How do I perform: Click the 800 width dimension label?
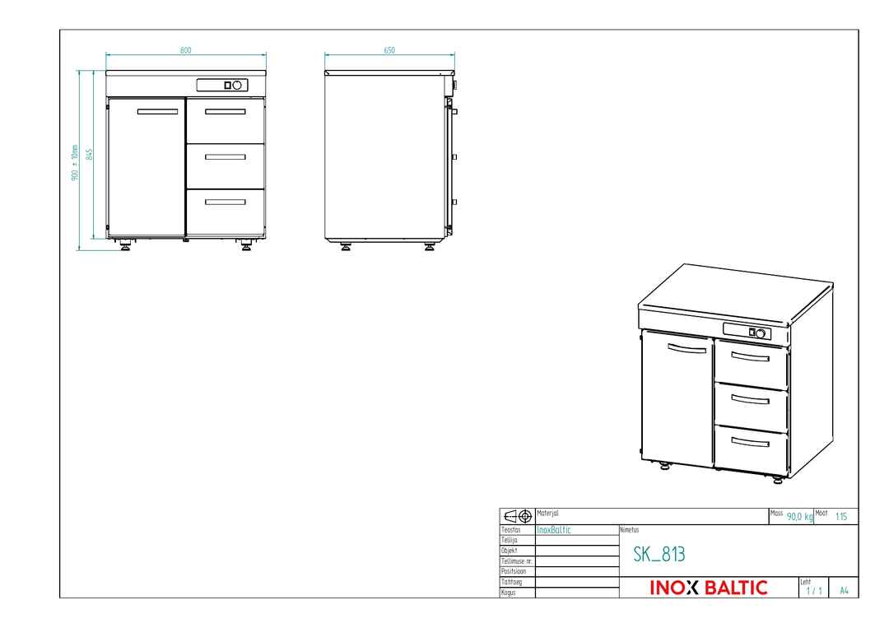tap(186, 50)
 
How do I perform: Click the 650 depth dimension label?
tap(389, 50)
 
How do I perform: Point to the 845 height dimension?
tap(90, 154)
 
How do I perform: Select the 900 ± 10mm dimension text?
tap(75, 163)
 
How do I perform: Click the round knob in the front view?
tap(237, 85)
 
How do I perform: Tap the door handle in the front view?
tap(157, 112)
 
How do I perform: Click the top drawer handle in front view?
tap(225, 112)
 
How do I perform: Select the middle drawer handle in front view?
tap(225, 157)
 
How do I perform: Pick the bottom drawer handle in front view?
tap(225, 202)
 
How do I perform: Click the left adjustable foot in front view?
tap(125, 244)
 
